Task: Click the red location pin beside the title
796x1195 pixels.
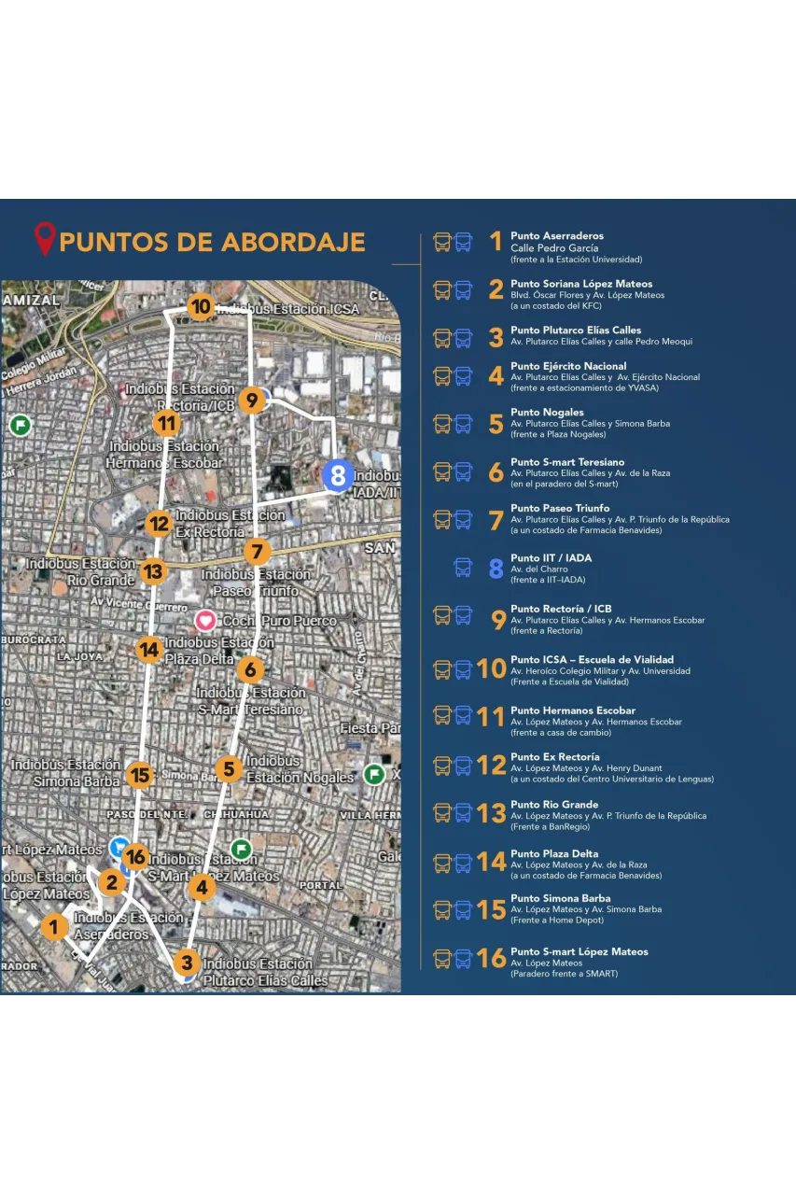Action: click(x=45, y=239)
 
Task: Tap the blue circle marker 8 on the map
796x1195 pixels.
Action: click(x=337, y=476)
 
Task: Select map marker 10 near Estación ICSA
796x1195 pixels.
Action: click(x=200, y=306)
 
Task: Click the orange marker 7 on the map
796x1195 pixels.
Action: click(x=257, y=551)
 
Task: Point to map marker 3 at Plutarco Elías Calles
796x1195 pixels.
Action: click(x=187, y=963)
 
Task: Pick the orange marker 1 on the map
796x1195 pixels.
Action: click(x=54, y=927)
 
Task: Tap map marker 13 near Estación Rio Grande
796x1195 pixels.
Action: click(x=153, y=571)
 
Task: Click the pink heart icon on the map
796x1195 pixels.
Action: click(x=205, y=620)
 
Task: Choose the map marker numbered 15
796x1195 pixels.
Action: click(x=140, y=775)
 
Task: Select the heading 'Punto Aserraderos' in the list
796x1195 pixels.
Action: click(x=557, y=236)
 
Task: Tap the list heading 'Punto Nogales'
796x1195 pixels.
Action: click(x=547, y=412)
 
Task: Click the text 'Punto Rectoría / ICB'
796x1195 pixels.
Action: click(x=561, y=609)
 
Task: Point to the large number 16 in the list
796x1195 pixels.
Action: click(x=491, y=959)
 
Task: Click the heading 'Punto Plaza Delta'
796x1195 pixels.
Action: click(x=554, y=853)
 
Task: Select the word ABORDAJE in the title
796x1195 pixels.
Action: click(x=293, y=243)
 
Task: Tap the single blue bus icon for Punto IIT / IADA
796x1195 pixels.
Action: click(x=463, y=567)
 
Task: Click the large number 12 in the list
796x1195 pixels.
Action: click(x=491, y=766)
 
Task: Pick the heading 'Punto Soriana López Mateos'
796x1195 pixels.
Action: click(x=581, y=284)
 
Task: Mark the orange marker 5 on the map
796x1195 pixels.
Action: click(x=229, y=769)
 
